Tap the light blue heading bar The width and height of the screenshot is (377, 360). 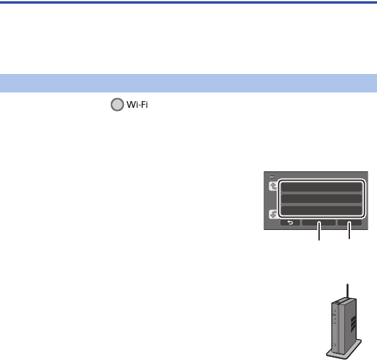188,83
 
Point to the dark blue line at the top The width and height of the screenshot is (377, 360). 188,2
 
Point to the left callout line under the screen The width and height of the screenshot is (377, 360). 319,235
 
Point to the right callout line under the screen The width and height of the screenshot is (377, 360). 349,235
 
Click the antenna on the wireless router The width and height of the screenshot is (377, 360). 347,292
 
